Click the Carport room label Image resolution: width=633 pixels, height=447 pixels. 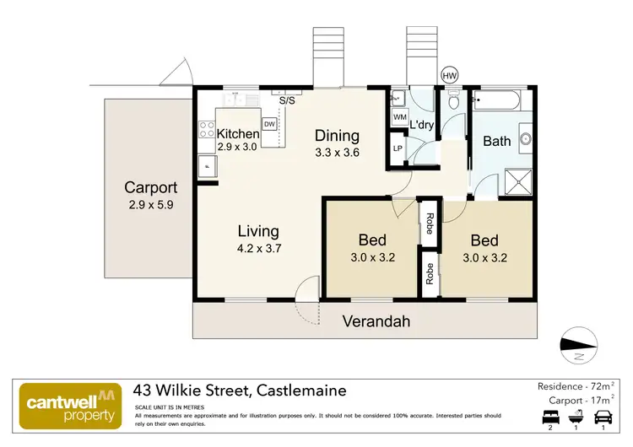pos(151,187)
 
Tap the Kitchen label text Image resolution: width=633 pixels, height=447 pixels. pos(238,134)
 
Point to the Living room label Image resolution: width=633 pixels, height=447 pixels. pos(257,231)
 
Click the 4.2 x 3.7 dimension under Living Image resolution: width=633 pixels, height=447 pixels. pos(257,249)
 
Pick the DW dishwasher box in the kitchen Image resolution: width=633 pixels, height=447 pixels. pos(269,125)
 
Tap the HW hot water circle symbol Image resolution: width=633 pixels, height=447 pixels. pos(449,75)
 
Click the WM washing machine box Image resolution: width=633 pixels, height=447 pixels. pos(400,116)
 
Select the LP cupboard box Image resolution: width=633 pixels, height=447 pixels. pos(398,149)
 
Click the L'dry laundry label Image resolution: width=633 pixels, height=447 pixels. pos(421,126)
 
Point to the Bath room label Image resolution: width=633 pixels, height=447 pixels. pos(496,141)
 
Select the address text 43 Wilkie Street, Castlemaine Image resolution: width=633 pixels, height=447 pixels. pos(240,391)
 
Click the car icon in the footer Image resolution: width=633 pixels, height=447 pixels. pos(603,417)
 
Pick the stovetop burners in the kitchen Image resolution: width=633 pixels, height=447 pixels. pos(206,129)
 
